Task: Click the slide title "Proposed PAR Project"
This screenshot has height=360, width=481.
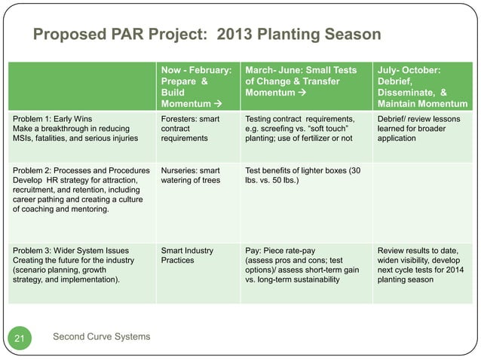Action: (x=121, y=35)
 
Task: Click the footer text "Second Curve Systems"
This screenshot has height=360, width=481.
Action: (x=102, y=335)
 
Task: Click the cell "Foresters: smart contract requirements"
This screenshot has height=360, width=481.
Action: (x=189, y=128)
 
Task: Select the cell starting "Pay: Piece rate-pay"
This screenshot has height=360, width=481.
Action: (x=305, y=265)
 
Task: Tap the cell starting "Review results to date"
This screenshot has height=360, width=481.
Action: (x=421, y=265)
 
